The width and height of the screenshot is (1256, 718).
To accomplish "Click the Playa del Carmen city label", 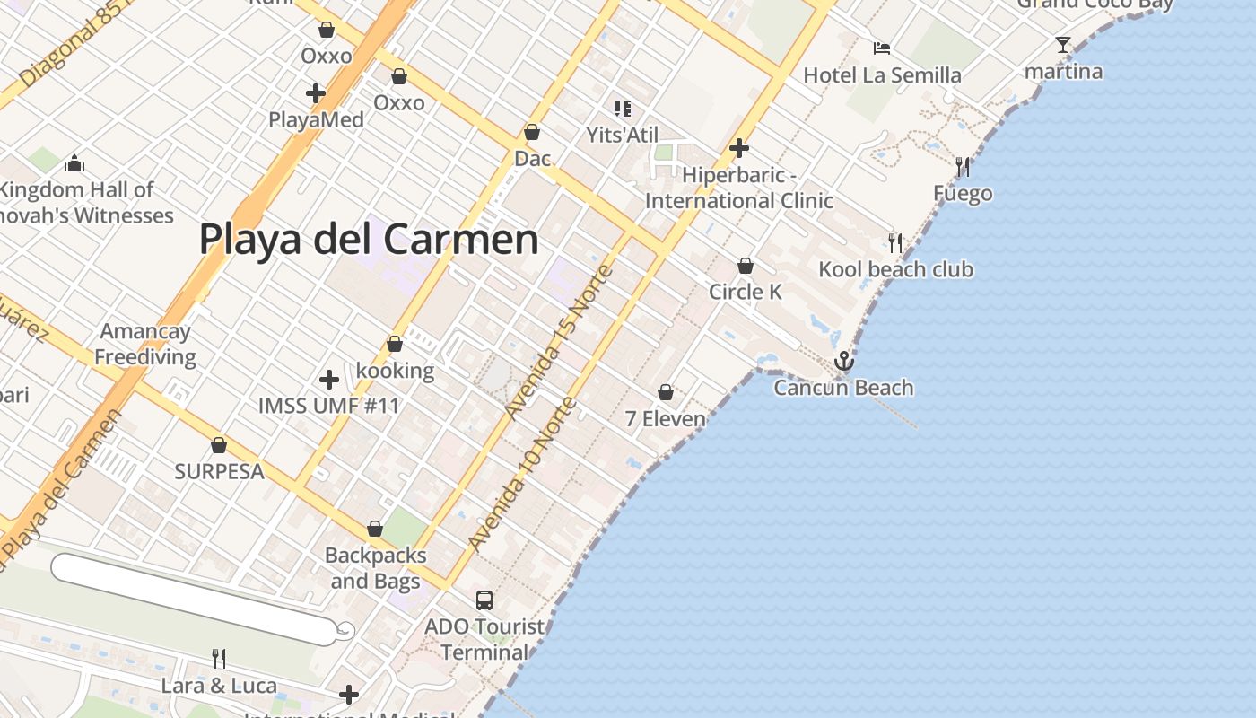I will click(369, 240).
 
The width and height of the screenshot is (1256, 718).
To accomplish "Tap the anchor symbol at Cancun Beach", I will click(842, 361).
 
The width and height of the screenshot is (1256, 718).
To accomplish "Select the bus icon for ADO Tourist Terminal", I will click(484, 600).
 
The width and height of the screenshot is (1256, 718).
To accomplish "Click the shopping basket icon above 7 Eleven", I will click(666, 392).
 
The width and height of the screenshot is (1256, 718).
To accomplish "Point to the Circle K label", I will click(745, 292).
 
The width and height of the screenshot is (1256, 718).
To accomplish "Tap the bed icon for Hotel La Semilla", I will click(882, 48).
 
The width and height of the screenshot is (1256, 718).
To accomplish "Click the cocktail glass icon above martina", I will click(1063, 44).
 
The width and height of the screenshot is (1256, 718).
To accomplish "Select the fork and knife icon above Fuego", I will click(963, 166).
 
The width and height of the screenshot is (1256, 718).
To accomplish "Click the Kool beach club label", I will click(895, 269).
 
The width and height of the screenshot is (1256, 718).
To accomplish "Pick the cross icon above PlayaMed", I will click(315, 92).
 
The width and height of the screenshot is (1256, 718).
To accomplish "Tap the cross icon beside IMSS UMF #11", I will click(329, 379).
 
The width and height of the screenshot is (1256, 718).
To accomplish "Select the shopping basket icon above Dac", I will click(532, 133).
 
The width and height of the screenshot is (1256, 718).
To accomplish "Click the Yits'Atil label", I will click(622, 136).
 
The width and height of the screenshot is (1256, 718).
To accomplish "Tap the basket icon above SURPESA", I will click(219, 445).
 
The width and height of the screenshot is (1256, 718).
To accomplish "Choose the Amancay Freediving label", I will click(145, 344).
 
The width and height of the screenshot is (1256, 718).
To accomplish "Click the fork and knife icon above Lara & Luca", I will click(219, 659).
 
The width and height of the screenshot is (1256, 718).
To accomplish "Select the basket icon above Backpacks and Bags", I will click(375, 530).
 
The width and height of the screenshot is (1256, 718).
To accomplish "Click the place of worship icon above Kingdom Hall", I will click(74, 163).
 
